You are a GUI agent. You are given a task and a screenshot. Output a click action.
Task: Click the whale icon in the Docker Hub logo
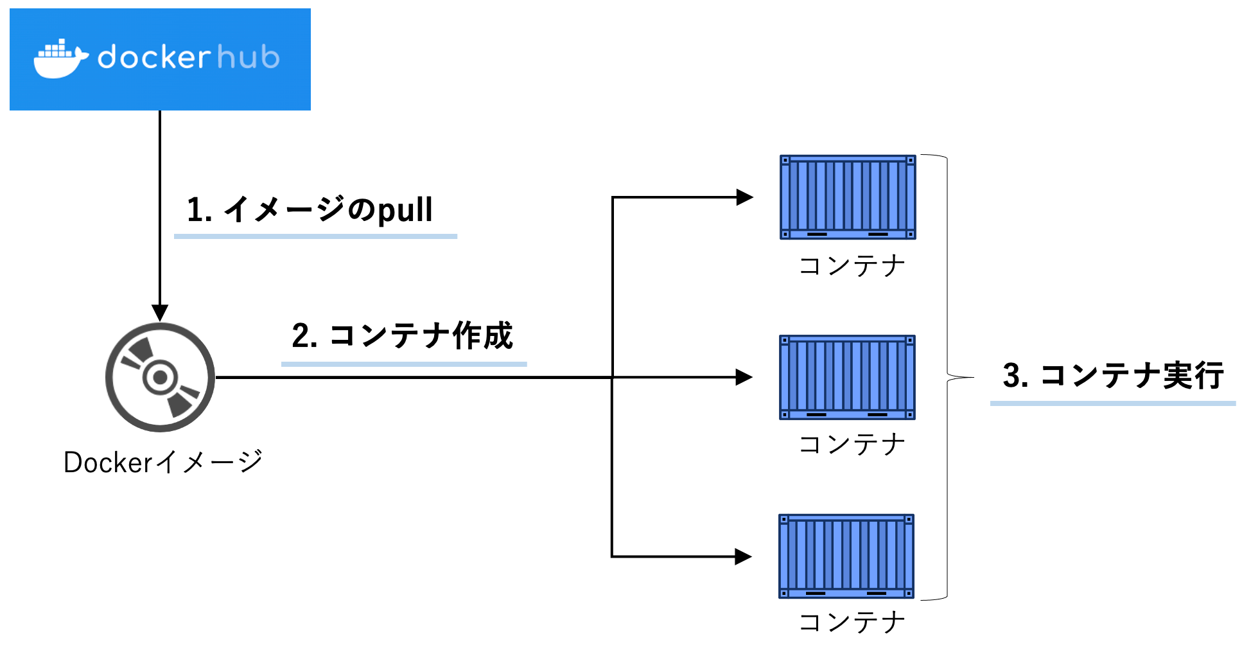click(60, 59)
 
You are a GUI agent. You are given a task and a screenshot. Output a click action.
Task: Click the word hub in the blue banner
click(248, 57)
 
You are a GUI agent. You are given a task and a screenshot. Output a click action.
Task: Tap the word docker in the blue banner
click(154, 57)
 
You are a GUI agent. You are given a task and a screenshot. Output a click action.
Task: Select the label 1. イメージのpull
click(310, 209)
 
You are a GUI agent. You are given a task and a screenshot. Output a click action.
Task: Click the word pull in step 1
click(405, 211)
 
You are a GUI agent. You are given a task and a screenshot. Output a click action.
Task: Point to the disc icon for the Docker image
click(160, 377)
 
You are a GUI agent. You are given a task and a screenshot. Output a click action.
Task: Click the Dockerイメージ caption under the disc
click(163, 462)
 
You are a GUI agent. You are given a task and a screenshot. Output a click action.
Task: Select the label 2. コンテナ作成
click(402, 335)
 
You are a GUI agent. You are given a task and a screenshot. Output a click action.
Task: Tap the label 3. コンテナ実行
click(1113, 375)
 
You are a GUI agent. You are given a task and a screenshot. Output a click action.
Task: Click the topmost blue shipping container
click(848, 197)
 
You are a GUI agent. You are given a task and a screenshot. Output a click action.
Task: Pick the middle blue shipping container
click(847, 377)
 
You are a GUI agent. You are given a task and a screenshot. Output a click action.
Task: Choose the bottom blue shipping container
click(846, 556)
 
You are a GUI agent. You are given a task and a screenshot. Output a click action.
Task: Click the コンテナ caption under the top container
click(852, 265)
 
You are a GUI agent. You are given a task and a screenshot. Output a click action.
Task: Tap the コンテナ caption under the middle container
click(852, 444)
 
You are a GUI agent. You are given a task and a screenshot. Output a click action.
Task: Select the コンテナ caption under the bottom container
click(852, 622)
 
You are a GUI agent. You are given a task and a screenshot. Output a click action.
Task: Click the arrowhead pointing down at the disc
click(160, 313)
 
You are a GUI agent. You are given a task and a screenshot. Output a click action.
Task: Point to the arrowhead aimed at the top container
click(744, 197)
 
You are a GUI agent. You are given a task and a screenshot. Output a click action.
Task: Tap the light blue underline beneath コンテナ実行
click(1112, 403)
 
